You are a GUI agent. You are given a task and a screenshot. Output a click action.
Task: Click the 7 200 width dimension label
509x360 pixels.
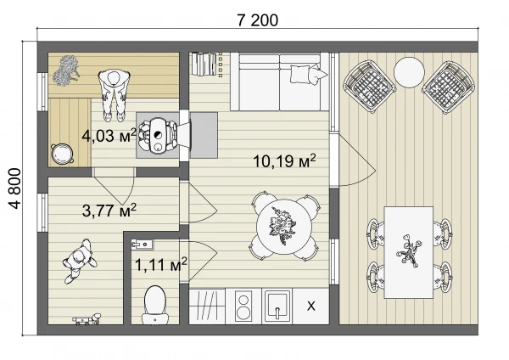pos(257,20)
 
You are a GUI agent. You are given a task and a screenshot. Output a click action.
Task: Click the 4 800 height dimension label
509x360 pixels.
pos(15,188)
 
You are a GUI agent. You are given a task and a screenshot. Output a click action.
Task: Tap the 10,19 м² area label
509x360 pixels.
pos(284,160)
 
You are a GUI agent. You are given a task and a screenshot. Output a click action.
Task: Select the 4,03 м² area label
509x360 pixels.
pos(109,135)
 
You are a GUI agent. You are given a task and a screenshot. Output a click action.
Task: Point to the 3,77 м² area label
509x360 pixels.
pos(109,211)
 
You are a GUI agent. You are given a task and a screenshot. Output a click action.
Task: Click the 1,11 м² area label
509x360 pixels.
pos(160,264)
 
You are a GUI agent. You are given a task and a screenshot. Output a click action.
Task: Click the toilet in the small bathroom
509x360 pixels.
pos(155,305)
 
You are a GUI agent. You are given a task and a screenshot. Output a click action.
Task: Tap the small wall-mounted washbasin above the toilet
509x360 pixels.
pos(142,244)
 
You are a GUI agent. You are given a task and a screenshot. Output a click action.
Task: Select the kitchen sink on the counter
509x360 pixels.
pos(277,306)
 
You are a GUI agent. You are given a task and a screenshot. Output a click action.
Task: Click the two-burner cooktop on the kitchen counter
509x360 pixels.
pos(243,306)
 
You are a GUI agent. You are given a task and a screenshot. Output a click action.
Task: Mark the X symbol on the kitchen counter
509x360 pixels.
pos(311,306)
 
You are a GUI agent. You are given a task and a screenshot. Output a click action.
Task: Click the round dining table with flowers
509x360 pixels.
pos(284,227)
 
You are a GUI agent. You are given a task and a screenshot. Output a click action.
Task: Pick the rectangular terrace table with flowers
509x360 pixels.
pos(409,252)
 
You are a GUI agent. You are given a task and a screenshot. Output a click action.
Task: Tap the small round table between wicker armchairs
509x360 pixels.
pos(409,72)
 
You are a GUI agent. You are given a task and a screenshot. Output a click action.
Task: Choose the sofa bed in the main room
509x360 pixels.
pos(279,82)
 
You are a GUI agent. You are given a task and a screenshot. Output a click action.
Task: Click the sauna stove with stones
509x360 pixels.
pos(158,135)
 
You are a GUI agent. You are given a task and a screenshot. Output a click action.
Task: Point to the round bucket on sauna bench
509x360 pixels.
pos(62,155)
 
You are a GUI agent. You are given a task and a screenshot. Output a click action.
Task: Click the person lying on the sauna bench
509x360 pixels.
pos(114,95)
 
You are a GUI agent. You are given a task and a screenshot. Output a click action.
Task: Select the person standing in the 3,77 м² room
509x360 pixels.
pos(79,261)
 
